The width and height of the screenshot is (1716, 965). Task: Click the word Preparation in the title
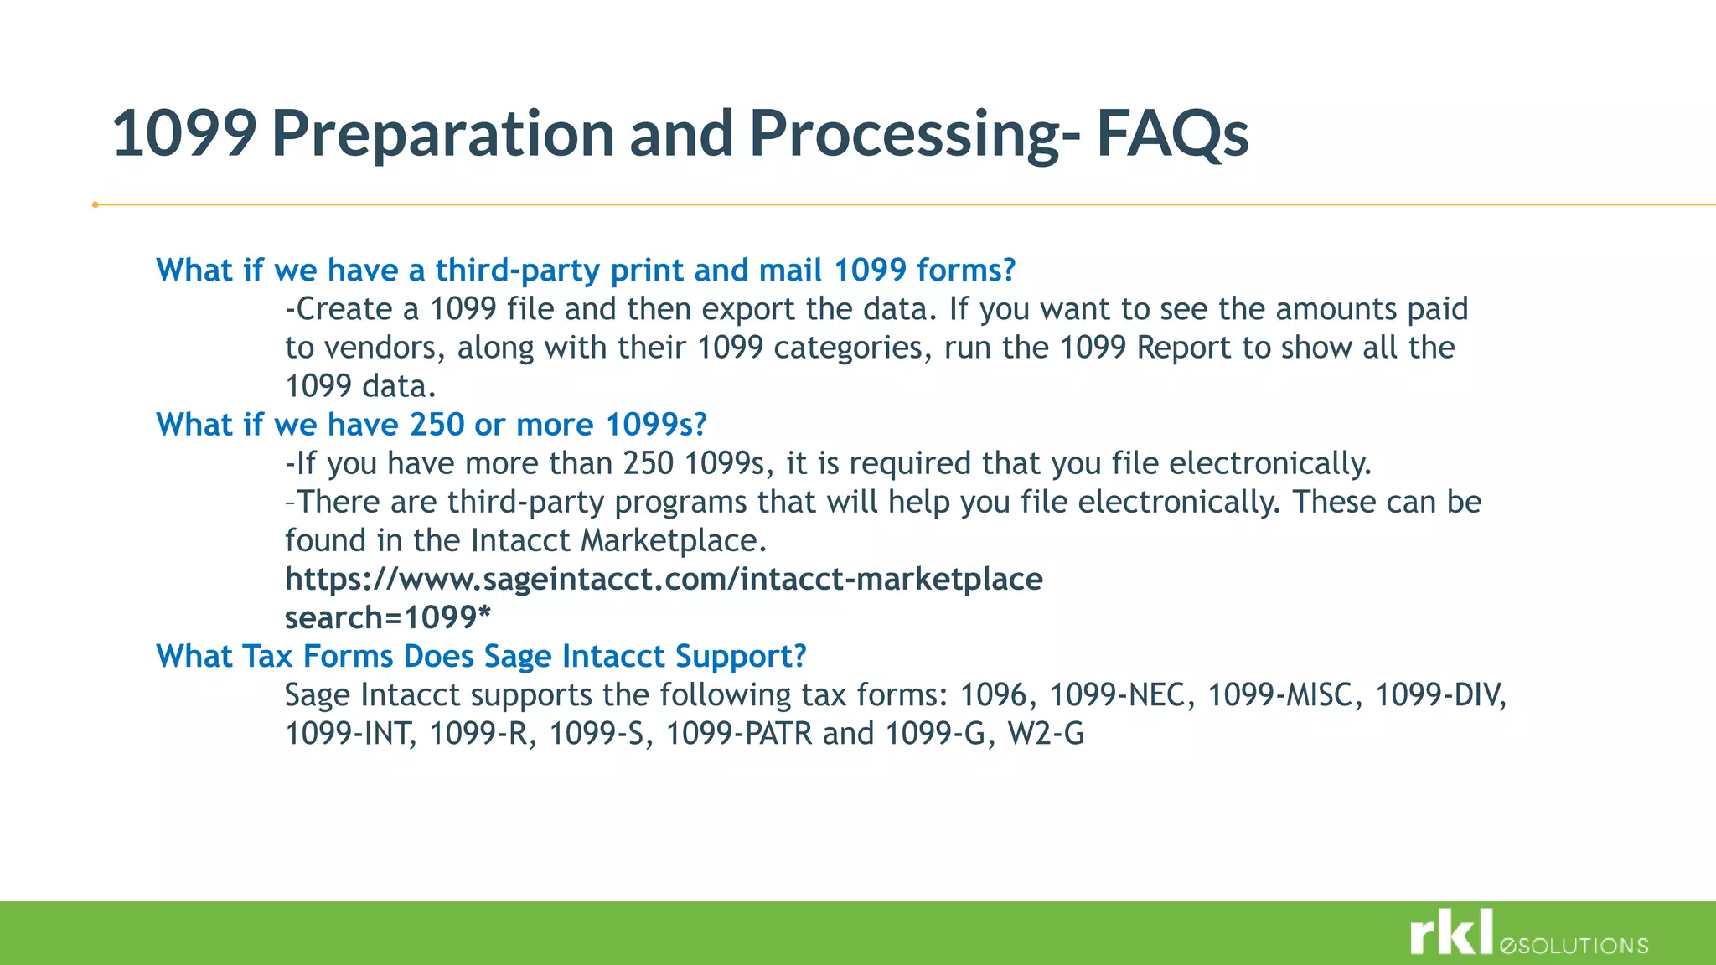coord(443,134)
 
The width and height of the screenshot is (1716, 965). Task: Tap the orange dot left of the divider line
coord(96,204)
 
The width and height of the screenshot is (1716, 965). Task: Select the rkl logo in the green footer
coord(1451,932)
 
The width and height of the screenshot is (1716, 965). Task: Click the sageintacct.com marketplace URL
coord(664,579)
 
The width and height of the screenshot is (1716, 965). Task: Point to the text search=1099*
coord(387,617)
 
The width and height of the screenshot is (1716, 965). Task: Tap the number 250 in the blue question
coord(437,425)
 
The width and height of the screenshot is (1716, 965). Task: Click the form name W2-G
coord(1046,734)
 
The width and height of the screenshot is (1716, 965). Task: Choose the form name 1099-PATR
coord(739,734)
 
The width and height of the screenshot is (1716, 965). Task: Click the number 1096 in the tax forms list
coord(993,695)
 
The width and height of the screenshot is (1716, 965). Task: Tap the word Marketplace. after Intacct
coord(674,540)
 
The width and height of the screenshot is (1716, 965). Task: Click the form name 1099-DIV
coord(1440,695)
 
